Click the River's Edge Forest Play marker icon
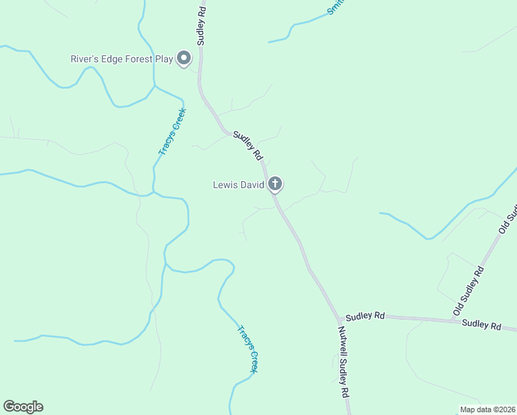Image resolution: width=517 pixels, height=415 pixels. (184, 59)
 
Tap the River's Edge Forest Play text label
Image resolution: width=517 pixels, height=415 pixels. (122, 59)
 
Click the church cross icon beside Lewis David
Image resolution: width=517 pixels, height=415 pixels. (275, 184)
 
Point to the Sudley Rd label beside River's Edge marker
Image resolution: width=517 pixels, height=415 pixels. (201, 26)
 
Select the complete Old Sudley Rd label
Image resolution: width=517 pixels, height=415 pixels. (469, 289)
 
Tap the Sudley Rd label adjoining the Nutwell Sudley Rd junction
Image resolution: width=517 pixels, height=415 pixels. (365, 315)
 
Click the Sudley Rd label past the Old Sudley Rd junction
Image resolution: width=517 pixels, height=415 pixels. (481, 324)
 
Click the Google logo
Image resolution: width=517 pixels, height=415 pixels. (23, 407)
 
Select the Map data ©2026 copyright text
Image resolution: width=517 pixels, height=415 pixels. (487, 409)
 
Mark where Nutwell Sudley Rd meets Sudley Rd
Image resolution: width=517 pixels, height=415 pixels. (338, 315)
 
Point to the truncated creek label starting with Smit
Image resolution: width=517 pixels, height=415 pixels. (336, 7)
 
